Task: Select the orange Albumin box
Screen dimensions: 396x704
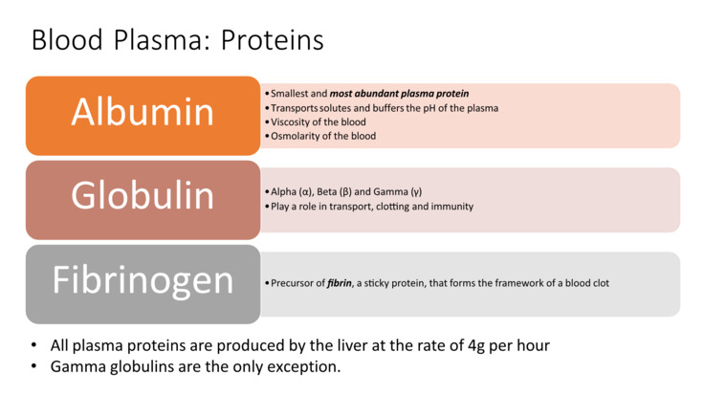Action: pos(143,114)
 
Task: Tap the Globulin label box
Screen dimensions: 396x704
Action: pos(143,197)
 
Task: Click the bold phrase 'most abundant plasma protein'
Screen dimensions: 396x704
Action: pos(399,94)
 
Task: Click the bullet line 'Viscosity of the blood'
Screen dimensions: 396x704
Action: pos(318,122)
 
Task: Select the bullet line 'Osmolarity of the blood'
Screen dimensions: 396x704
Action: pos(322,136)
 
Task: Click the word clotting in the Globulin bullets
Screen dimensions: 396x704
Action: pos(392,206)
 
